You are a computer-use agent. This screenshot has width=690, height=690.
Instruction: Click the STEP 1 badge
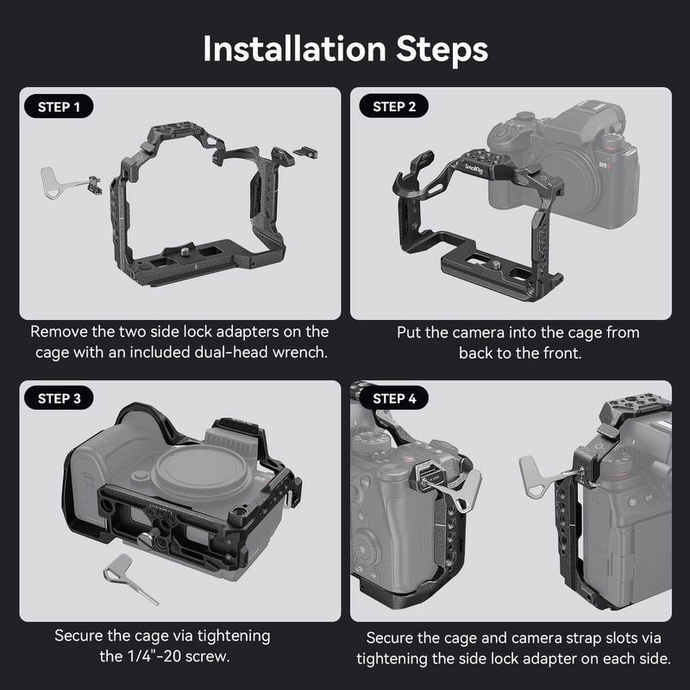point(60,108)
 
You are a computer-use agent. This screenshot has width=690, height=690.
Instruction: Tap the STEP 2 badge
point(394,108)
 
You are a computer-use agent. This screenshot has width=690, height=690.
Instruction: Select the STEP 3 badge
point(60,399)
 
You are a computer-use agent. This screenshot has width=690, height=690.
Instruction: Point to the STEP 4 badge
point(394,399)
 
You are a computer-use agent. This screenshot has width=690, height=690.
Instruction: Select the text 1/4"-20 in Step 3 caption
point(135,657)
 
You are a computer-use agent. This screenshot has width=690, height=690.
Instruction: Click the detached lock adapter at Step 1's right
point(304,152)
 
